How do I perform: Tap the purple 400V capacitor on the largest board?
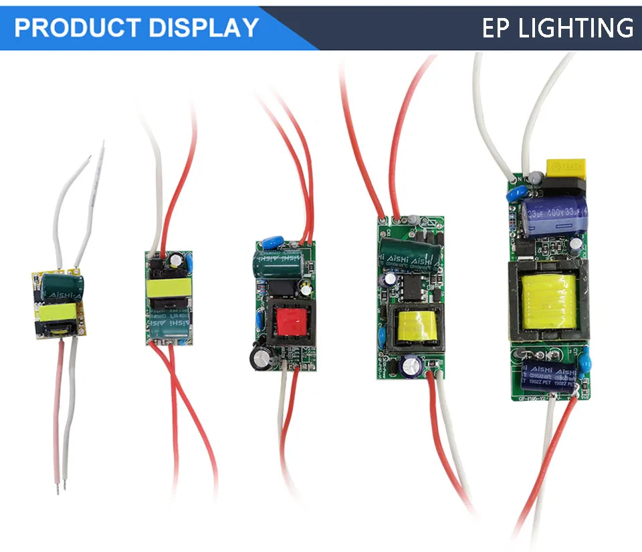[x=554, y=213]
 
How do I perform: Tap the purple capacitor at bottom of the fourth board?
[x=410, y=366]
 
